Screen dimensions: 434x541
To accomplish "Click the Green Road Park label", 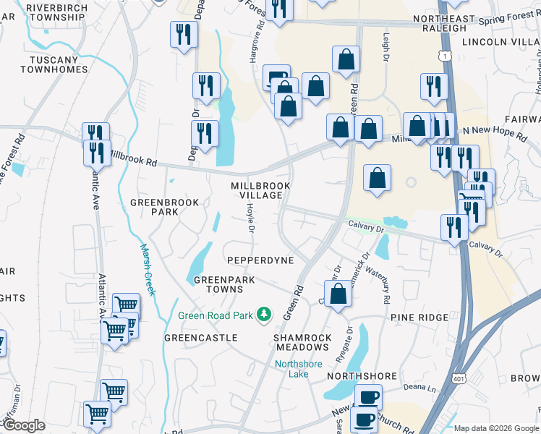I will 217,315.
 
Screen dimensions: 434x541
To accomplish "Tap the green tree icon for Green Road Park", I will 265,313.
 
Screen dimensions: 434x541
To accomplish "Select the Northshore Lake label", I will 298,368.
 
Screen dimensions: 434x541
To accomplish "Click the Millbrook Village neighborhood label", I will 260,191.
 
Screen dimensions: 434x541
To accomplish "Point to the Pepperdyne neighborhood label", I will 260,260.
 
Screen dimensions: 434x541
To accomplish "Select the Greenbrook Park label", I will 154,207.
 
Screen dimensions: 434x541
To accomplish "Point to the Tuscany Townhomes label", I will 54,64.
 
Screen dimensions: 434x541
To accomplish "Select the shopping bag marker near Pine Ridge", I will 338,294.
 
